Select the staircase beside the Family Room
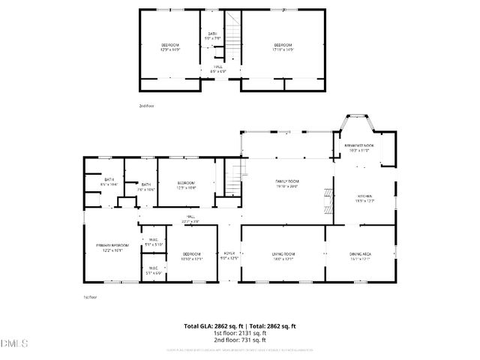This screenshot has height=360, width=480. tap(237, 177)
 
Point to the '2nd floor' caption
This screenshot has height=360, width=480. tap(146, 106)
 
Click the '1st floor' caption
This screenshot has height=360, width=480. tap(90, 297)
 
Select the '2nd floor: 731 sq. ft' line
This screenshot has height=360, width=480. tap(240, 340)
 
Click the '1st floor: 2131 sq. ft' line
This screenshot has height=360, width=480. tap(240, 333)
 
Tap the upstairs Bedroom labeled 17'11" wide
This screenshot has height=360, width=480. tap(282, 48)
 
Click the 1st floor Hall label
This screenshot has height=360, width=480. tap(190, 218)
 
